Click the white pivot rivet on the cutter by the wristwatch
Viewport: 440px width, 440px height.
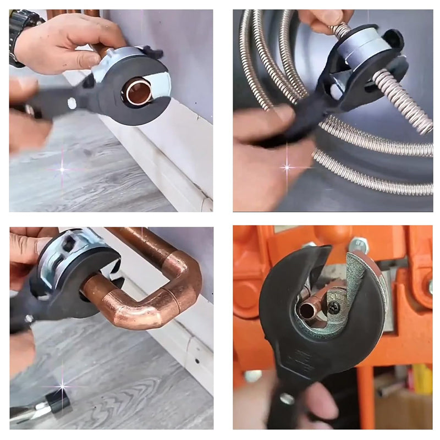71,103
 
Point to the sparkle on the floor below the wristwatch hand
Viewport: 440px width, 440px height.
62,169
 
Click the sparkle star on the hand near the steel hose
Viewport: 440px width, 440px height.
287,166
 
